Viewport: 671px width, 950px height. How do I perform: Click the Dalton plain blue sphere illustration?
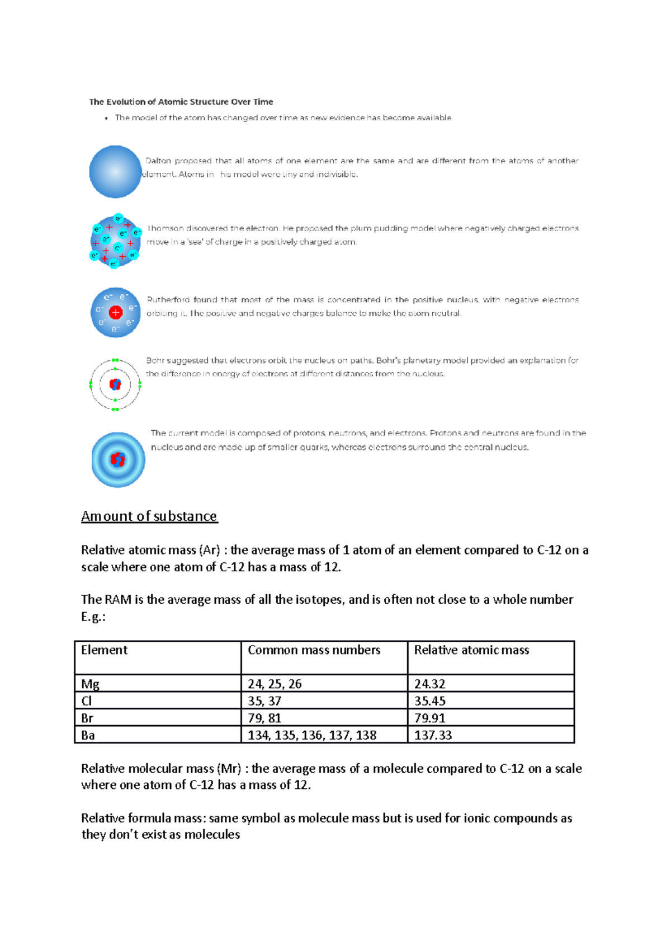pyautogui.click(x=115, y=172)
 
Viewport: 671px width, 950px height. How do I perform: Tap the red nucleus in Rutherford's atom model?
pyautogui.click(x=116, y=313)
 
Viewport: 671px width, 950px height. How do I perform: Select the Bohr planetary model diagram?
pyautogui.click(x=115, y=385)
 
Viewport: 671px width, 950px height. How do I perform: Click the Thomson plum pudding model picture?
pyautogui.click(x=116, y=242)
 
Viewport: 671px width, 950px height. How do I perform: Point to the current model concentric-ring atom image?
pyautogui.click(x=118, y=460)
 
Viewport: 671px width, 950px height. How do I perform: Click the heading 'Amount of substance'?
pyautogui.click(x=149, y=516)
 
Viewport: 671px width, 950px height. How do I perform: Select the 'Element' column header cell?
pyautogui.click(x=104, y=650)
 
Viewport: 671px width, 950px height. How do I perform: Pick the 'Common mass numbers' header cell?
pyautogui.click(x=314, y=650)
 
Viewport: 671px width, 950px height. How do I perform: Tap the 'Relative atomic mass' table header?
pyautogui.click(x=471, y=650)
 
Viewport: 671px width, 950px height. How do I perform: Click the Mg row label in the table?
pyautogui.click(x=90, y=684)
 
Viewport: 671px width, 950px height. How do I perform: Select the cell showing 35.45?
pyautogui.click(x=429, y=701)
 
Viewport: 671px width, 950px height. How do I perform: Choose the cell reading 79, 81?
pyautogui.click(x=264, y=718)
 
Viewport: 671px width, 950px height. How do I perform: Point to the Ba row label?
pyautogui.click(x=88, y=735)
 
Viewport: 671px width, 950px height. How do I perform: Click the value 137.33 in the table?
pyautogui.click(x=433, y=735)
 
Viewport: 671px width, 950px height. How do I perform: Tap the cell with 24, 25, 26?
pyautogui.click(x=275, y=684)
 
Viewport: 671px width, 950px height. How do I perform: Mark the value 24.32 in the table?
pyautogui.click(x=429, y=684)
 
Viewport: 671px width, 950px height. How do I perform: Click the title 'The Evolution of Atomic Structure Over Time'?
pyautogui.click(x=181, y=102)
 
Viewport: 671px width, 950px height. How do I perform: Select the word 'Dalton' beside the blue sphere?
pyautogui.click(x=158, y=161)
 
